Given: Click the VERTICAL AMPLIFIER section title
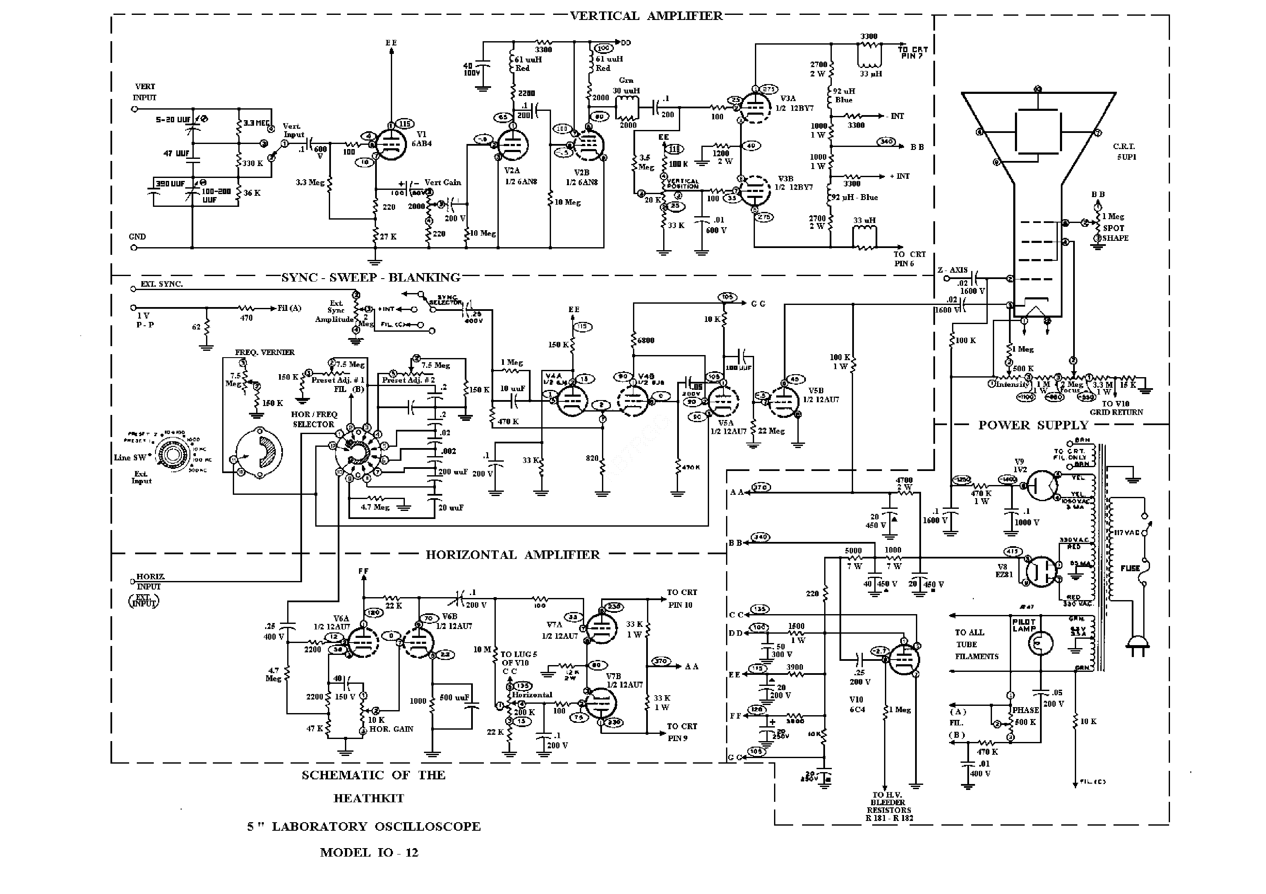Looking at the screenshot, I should pyautogui.click(x=646, y=16).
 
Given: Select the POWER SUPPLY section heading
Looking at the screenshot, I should pyautogui.click(x=1033, y=425).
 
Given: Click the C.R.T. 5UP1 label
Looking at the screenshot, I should pyautogui.click(x=1124, y=152).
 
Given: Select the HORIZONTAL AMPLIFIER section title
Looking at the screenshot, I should pyautogui.click(x=512, y=555).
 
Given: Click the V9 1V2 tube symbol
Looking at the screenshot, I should pyautogui.click(x=1041, y=485).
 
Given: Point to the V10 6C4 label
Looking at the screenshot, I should pyautogui.click(x=857, y=705).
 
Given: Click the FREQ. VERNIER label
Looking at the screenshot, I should pyautogui.click(x=265, y=352).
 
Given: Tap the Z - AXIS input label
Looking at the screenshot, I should pyautogui.click(x=952, y=270).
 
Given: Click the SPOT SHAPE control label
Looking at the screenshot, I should pyautogui.click(x=1115, y=233).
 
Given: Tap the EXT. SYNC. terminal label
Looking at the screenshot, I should pyautogui.click(x=161, y=284).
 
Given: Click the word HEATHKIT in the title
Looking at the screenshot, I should pyautogui.click(x=368, y=798).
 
